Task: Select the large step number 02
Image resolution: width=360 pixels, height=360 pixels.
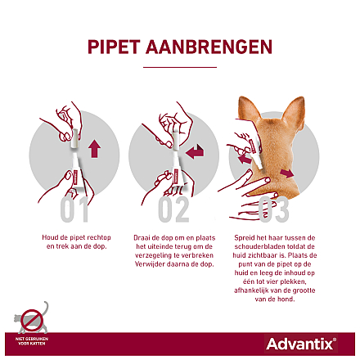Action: [x=173, y=209]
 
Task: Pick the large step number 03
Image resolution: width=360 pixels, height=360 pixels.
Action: [x=274, y=209]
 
